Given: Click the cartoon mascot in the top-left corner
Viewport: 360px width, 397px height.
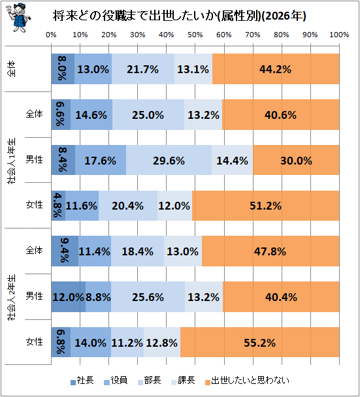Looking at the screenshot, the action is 18,18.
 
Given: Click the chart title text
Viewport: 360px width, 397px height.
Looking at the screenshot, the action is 180,16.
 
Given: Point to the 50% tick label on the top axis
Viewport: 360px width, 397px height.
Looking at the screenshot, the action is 195,35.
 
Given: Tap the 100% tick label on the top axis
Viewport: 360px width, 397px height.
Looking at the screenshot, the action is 339,35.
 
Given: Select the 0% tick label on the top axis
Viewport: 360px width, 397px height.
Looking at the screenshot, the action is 51,35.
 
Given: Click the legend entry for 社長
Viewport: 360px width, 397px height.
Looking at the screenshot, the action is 82,380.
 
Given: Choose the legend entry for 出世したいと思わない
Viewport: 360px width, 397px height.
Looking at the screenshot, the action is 247,380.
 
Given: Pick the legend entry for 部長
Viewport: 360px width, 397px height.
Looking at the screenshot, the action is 149,380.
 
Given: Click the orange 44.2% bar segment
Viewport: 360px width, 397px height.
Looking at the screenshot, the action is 276,69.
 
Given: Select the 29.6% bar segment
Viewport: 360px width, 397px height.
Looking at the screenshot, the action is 169,160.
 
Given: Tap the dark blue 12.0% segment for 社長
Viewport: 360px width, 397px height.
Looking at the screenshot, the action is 69,296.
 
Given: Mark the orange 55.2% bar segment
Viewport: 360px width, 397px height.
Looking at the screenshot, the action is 259,342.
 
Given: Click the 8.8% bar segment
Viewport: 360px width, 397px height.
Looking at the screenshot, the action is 98,296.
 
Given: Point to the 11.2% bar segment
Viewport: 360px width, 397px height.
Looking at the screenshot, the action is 127,342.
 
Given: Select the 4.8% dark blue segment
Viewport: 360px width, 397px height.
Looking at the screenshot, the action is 58,206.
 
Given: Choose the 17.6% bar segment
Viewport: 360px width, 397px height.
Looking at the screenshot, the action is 101,160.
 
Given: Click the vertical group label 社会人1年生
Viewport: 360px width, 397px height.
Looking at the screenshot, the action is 12,161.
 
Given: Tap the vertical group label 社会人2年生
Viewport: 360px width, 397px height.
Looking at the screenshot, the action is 12,297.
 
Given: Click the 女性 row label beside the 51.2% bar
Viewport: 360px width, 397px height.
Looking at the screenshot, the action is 35,204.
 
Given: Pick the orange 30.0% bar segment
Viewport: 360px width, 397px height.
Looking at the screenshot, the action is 296,160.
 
